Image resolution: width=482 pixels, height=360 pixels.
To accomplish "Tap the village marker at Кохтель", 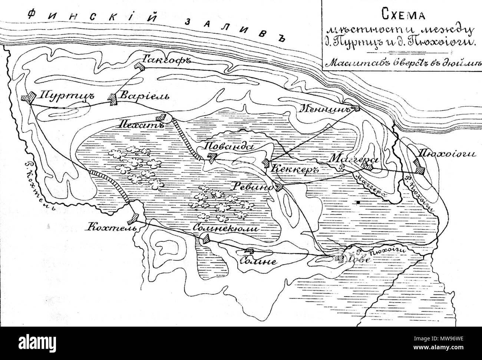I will point(136,216).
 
